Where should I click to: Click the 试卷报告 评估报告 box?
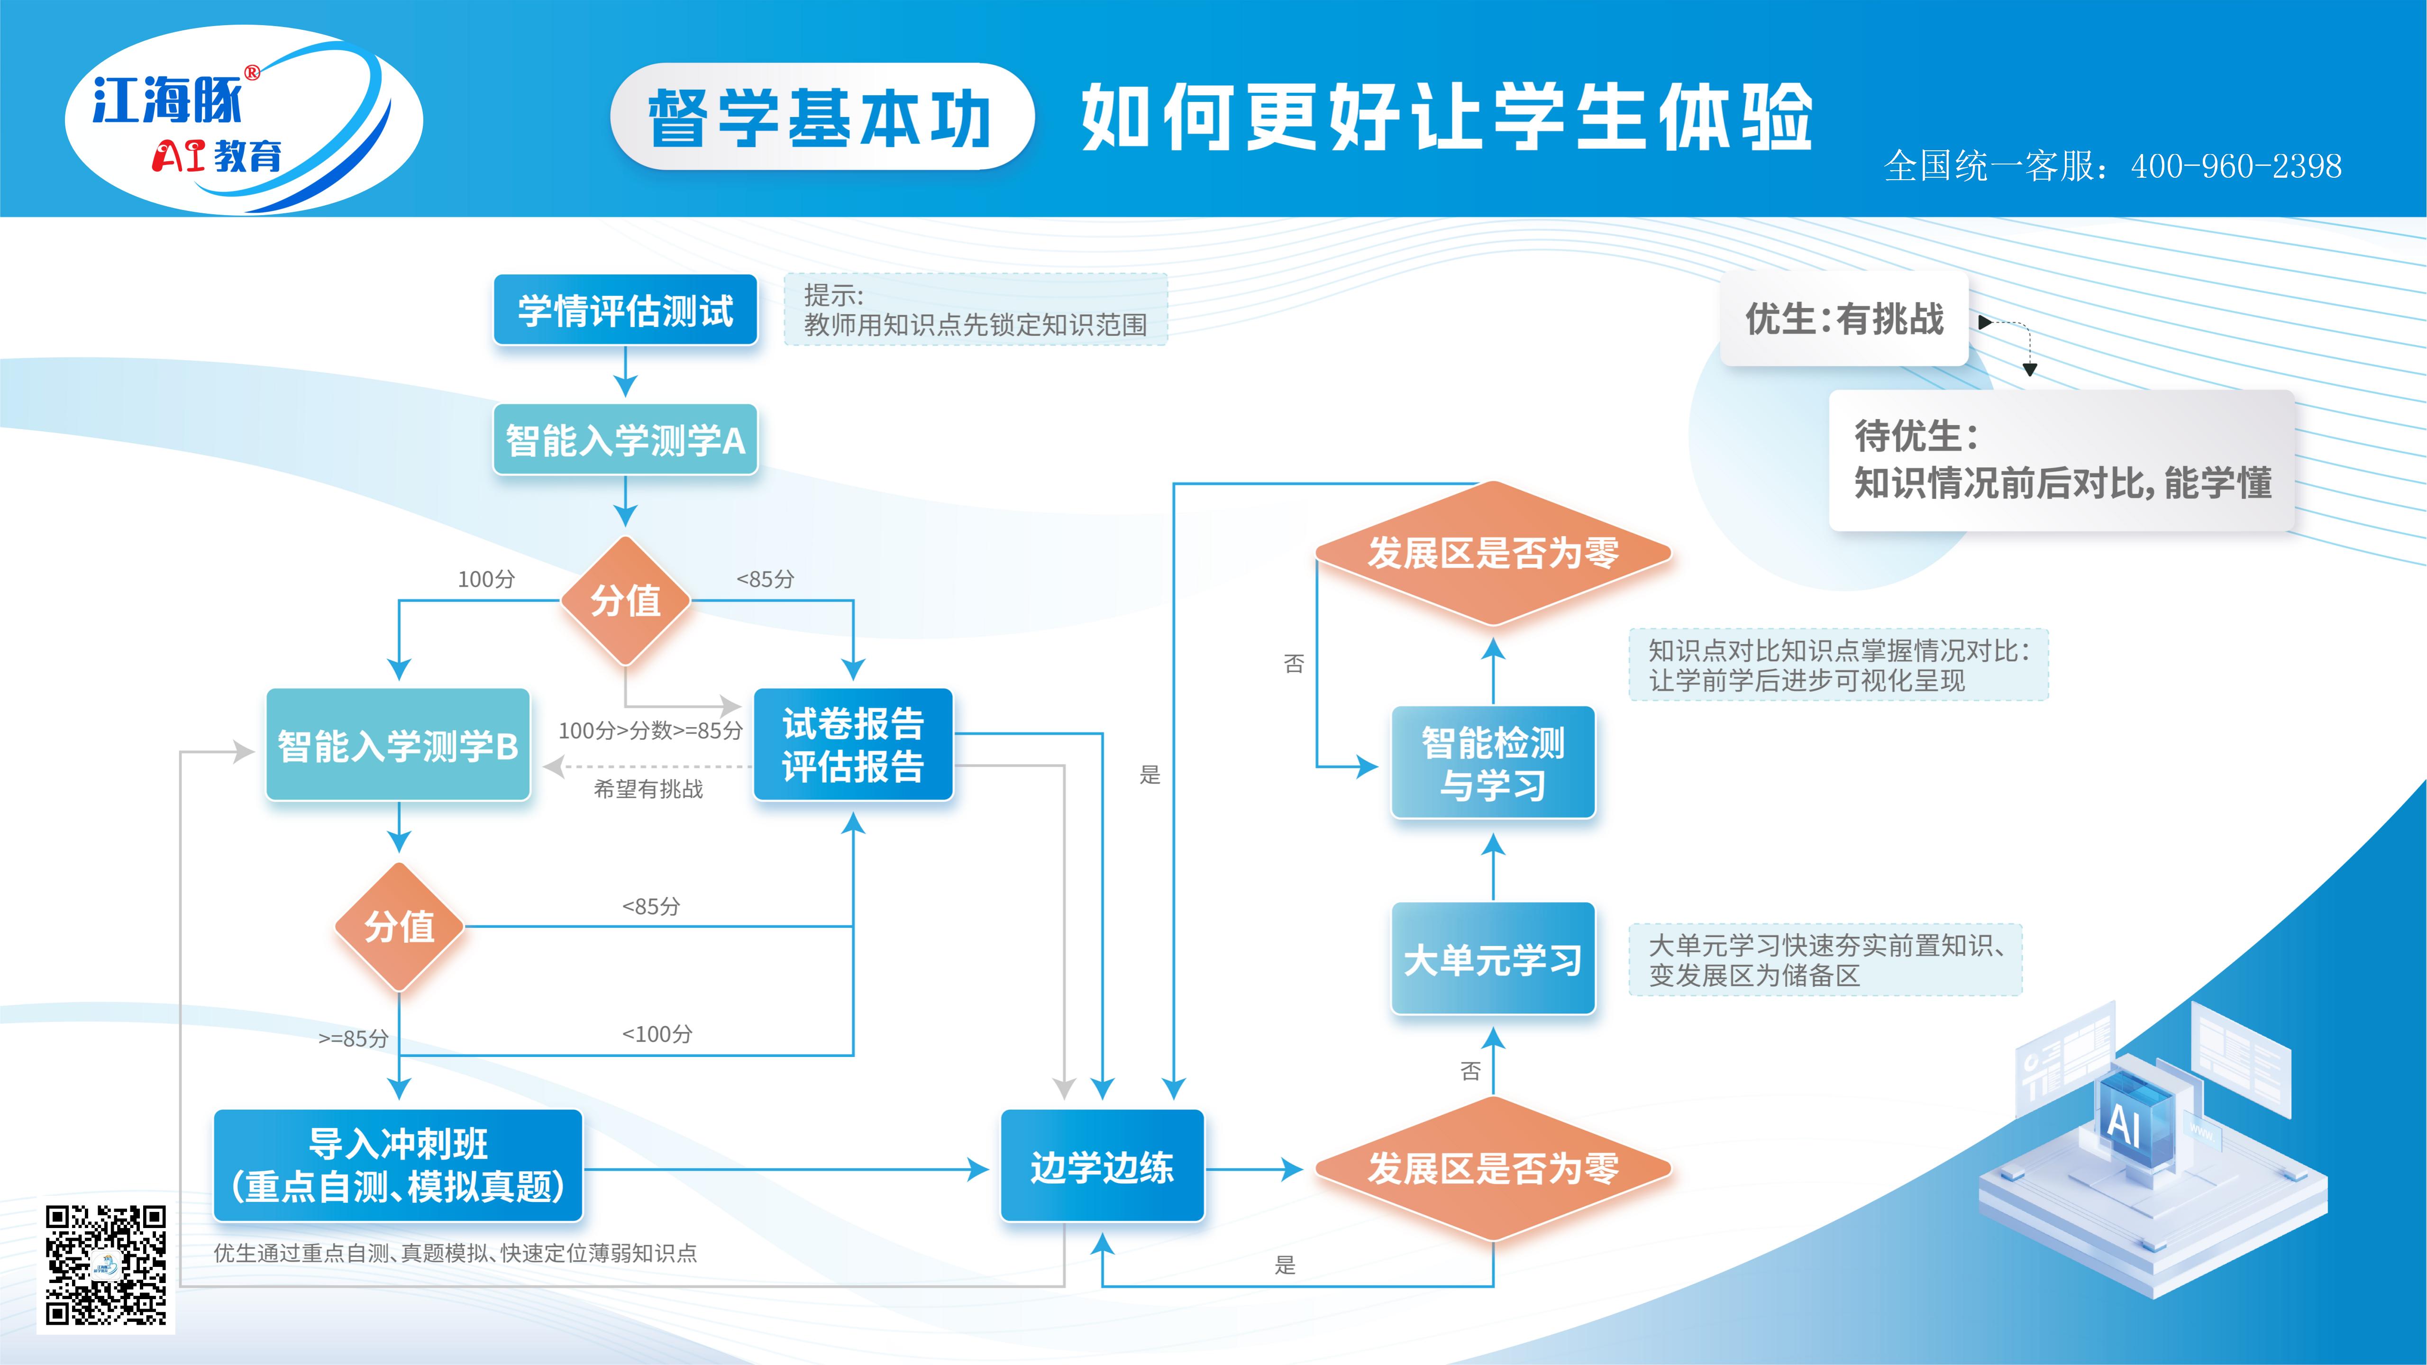[853, 744]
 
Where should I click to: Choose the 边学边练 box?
[1101, 1167]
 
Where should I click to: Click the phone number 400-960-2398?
[2236, 167]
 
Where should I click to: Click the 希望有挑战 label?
[648, 790]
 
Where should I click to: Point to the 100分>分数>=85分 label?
[650, 730]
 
